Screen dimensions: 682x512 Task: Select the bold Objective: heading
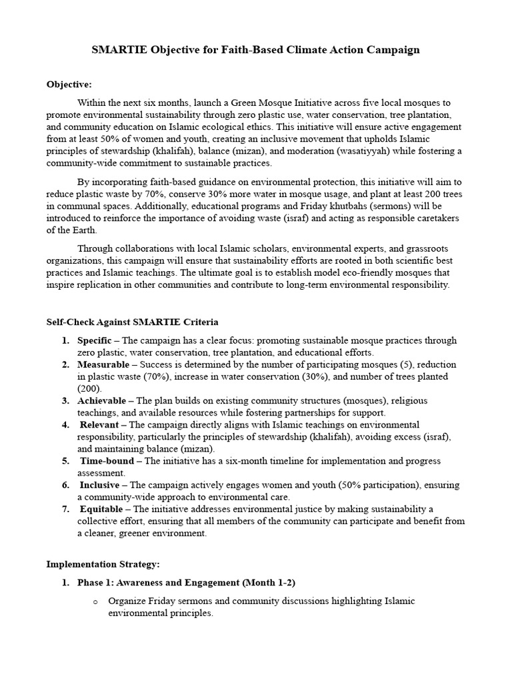[x=69, y=85]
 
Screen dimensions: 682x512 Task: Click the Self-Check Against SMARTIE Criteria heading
[x=132, y=322]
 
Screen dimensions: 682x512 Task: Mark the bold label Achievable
[x=101, y=401]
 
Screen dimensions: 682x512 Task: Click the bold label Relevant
[x=99, y=425]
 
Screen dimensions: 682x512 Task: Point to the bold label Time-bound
[x=108, y=461]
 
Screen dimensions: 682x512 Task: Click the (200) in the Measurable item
[x=89, y=389]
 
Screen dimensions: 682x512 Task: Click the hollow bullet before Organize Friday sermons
[x=95, y=601]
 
